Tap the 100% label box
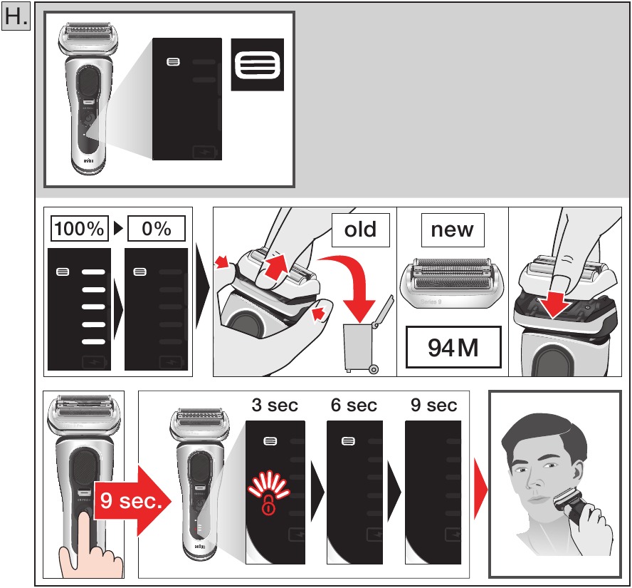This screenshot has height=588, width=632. point(80,228)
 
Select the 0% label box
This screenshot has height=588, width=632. point(157,228)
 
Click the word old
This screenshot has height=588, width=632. point(360,229)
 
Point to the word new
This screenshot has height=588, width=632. point(452,229)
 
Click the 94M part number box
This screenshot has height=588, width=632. point(453,347)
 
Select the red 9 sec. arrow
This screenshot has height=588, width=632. point(133,501)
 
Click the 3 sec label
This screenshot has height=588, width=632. point(275,405)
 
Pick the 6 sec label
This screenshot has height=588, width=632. point(354,405)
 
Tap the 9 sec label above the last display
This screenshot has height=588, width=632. point(433,405)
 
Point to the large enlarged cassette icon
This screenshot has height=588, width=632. point(257,65)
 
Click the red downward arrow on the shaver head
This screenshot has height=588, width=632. point(554,303)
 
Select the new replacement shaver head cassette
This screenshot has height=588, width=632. point(452,283)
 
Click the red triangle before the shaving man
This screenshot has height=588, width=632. point(480,489)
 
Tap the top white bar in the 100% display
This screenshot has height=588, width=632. point(93,272)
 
